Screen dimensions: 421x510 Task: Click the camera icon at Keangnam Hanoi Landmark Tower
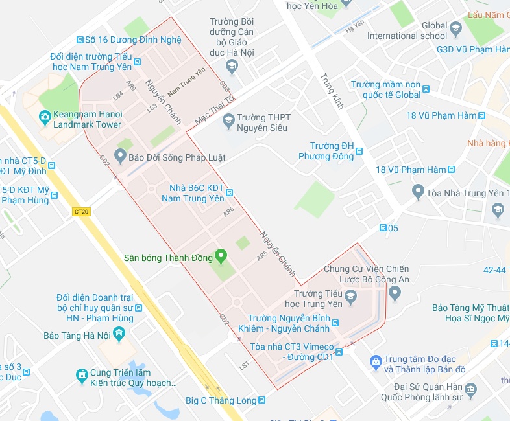[45, 117]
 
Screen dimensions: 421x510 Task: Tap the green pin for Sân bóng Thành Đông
[221, 257]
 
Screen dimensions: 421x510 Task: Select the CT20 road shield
[82, 211]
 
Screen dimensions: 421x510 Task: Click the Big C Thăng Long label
[221, 400]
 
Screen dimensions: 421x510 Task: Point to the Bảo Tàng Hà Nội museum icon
[119, 334]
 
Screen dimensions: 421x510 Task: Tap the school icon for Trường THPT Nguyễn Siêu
[228, 120]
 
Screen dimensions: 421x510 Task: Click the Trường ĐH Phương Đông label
[326, 151]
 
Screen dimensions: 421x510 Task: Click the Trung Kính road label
[332, 91]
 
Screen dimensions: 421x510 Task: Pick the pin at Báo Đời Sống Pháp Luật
[119, 155]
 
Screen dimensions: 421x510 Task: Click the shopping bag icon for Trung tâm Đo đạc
[374, 360]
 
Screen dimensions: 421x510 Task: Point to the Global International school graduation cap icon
[456, 29]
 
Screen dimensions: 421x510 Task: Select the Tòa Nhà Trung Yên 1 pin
[418, 192]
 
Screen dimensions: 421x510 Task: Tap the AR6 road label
[228, 212]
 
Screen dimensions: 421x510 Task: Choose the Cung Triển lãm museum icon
[82, 374]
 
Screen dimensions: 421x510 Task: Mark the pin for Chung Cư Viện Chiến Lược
[395, 294]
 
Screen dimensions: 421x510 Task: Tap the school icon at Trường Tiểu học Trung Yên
[350, 297]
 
